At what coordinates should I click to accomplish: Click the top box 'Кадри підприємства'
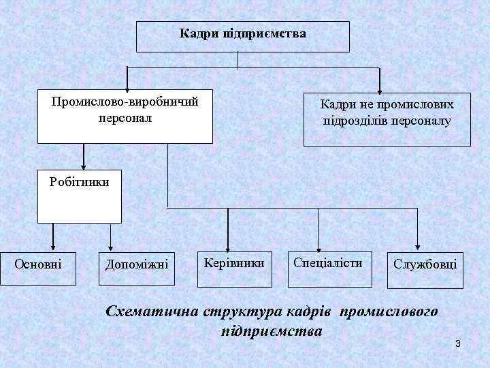pyautogui.click(x=243, y=36)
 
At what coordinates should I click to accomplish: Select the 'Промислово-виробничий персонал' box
pyautogui.click(x=125, y=116)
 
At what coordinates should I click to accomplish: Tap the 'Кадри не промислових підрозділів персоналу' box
pyautogui.click(x=387, y=119)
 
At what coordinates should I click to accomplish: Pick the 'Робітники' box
pyautogui.click(x=79, y=196)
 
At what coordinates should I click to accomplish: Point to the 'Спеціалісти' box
pyautogui.click(x=327, y=262)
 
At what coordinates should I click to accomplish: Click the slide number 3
pyautogui.click(x=458, y=342)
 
